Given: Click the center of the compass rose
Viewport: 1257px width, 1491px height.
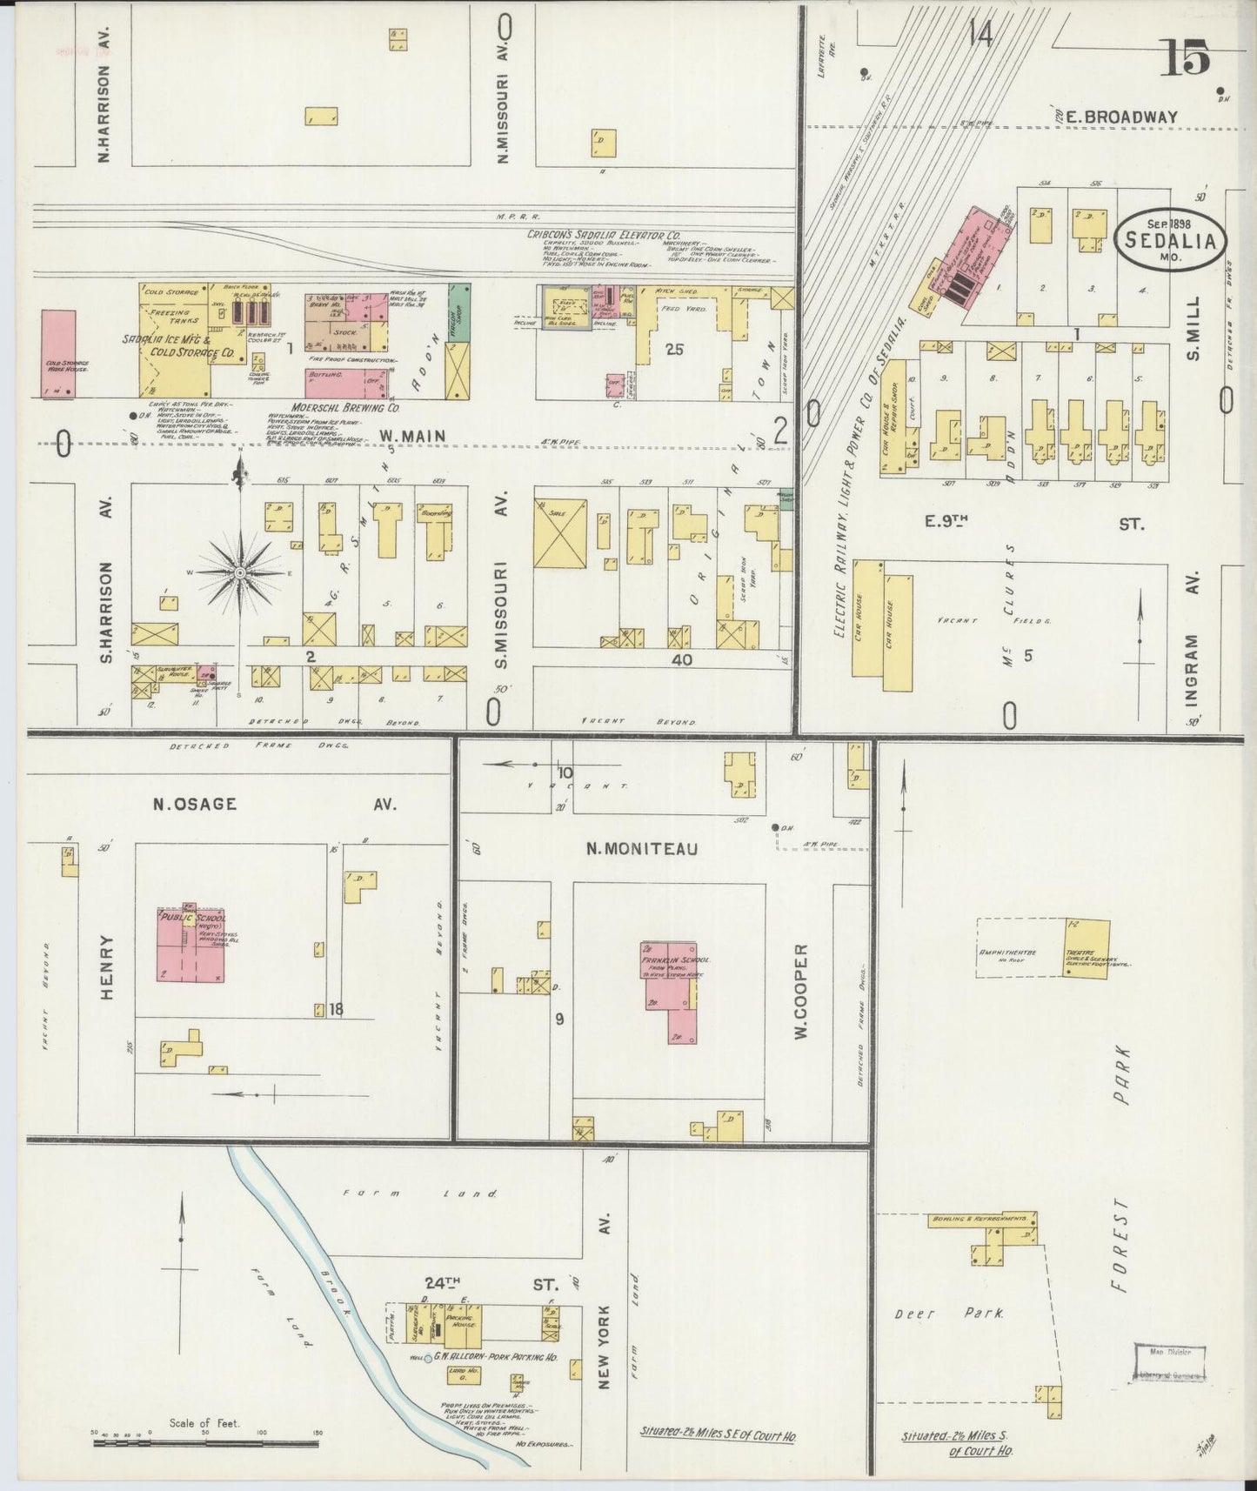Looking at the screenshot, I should pos(241,572).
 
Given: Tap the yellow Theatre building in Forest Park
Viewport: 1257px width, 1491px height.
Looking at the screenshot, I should pos(1086,948).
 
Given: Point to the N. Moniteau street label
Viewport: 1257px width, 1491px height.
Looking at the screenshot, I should pos(641,849).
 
